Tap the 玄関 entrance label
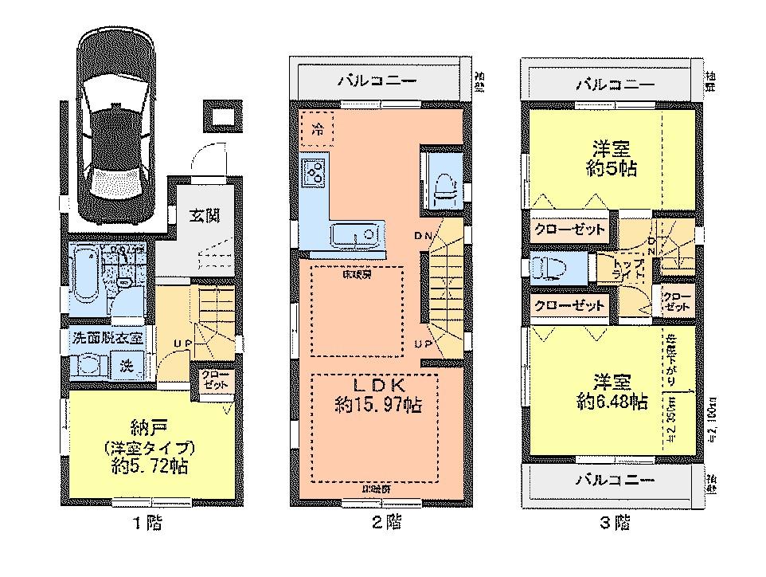[205, 215]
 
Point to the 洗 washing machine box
[127, 365]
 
